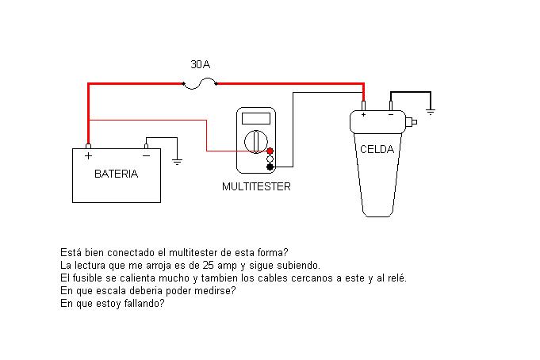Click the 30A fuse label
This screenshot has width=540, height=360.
coord(201,63)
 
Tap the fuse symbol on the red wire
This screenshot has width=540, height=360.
coord(199,82)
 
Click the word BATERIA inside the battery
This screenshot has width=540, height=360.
coord(116,174)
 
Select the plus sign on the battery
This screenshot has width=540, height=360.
coord(87,155)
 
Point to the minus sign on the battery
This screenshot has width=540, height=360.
coord(146,155)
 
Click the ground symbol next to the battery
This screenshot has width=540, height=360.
coord(177,160)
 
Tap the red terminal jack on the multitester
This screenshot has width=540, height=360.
coord(270,151)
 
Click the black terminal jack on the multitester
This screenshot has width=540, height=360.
coord(270,167)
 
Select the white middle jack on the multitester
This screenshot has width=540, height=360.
coord(270,159)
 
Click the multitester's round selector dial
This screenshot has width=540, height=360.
coord(255,143)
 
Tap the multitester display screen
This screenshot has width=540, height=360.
coord(255,119)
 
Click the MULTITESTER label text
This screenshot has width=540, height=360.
coord(255,187)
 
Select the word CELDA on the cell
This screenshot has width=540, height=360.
coord(377,149)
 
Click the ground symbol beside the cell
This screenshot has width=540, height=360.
coord(431,112)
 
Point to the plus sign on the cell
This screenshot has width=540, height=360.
coord(363,115)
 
